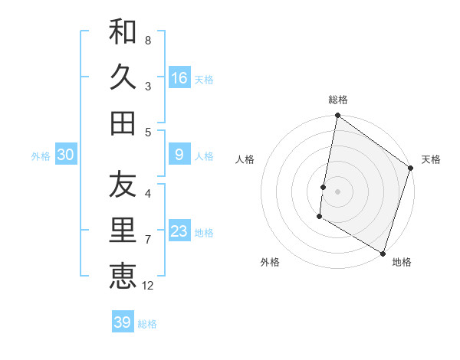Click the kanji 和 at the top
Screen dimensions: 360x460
pos(123,31)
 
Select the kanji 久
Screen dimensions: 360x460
pos(123,77)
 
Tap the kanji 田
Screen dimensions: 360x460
pos(123,122)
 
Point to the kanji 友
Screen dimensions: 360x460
pos(123,185)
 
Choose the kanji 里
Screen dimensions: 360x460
pos(123,231)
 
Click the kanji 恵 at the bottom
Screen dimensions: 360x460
pos(123,276)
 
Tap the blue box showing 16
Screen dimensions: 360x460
pos(179,77)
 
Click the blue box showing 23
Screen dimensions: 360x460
pos(179,231)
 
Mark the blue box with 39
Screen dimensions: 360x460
pos(123,322)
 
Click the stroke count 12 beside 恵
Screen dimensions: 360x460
pos(148,286)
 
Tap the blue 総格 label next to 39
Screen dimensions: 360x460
pos(148,324)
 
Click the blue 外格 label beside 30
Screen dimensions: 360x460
pos(41,156)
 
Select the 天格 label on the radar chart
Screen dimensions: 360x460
pos(431,160)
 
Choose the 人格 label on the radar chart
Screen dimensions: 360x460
pos(245,160)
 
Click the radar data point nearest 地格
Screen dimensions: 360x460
pos(383,253)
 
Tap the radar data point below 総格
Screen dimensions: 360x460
pos(337,116)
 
